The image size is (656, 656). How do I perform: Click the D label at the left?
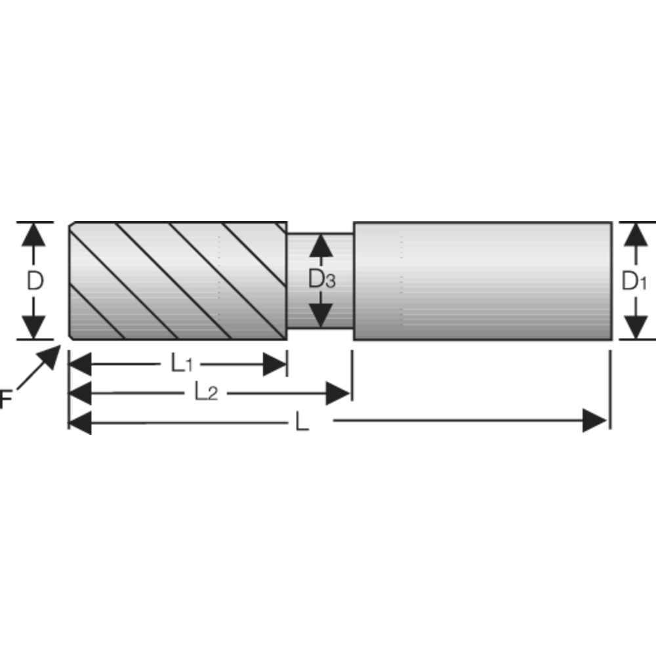35,281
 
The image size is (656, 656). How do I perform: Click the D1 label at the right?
634,281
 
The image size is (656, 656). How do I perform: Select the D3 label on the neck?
321,280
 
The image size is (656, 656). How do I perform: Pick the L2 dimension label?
205,393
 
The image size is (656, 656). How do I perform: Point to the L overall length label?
301,422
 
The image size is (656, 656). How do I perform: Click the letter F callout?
5,399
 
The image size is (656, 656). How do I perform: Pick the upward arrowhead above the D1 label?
634,234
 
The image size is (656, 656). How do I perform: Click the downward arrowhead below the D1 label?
634,327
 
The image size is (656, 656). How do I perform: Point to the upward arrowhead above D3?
321,245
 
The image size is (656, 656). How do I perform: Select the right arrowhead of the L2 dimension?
338,394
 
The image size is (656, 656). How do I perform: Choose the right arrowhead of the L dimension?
595,420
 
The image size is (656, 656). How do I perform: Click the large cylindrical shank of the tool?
482,281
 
